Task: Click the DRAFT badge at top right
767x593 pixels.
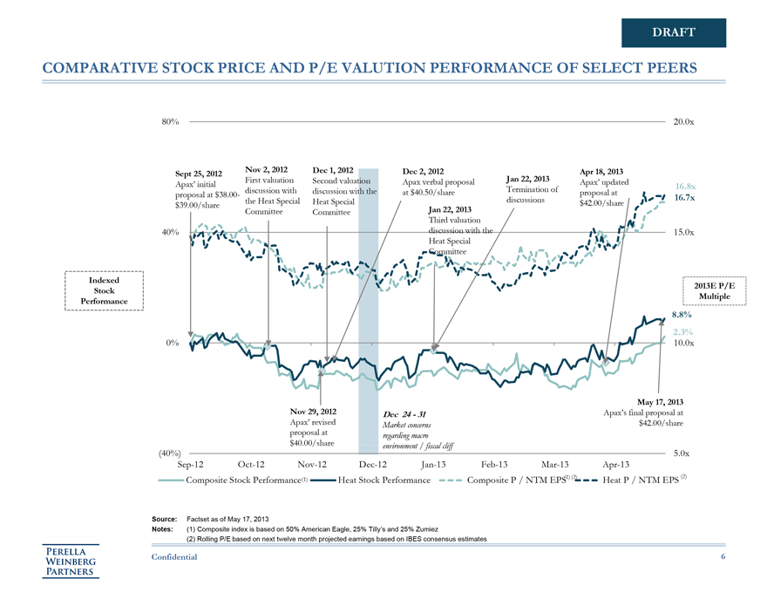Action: coord(673,32)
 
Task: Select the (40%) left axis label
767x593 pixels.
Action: coord(169,453)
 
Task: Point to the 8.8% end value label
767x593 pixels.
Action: coord(682,315)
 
